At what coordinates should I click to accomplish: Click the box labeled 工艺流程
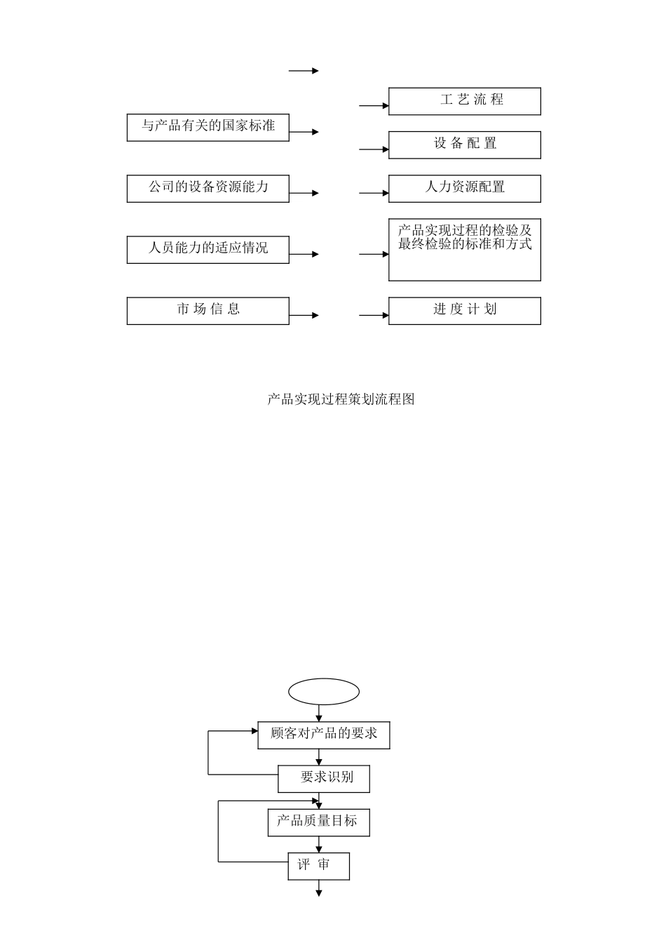click(464, 101)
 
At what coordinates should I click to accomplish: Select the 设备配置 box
click(464, 145)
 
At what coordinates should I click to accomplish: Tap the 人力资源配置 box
click(464, 188)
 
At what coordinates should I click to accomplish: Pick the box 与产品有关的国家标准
click(208, 127)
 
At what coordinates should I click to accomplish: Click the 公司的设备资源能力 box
click(208, 188)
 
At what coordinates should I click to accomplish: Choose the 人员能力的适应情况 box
click(208, 249)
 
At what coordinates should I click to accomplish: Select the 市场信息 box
click(208, 310)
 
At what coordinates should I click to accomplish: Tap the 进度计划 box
click(464, 310)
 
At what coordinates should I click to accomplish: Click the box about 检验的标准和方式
click(464, 250)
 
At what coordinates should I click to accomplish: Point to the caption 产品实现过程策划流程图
click(341, 400)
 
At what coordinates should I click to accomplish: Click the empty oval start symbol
click(324, 691)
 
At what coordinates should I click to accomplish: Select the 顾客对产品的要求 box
click(324, 735)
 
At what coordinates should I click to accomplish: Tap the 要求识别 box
click(324, 778)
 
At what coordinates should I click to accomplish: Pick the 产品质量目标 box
click(318, 822)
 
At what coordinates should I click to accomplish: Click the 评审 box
click(318, 865)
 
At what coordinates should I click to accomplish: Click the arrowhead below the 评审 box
click(319, 892)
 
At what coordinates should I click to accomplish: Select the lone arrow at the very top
click(304, 71)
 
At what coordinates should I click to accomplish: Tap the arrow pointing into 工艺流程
click(374, 106)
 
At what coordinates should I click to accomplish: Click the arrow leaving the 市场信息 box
click(304, 316)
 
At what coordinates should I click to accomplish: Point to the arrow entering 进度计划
click(374, 316)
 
